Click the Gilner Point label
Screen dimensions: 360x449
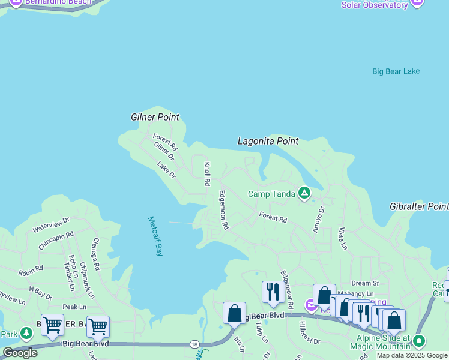(155, 117)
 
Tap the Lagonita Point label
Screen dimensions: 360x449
(268, 141)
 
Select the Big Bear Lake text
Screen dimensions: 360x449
(396, 71)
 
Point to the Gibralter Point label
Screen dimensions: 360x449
(419, 206)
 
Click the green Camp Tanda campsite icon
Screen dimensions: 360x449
(304, 193)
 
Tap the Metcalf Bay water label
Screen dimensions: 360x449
(155, 236)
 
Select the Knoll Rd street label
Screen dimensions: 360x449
(207, 173)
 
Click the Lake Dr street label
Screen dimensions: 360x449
(166, 170)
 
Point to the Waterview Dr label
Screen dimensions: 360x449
(51, 225)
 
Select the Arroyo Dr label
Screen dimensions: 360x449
(318, 220)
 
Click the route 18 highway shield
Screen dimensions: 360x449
(193, 344)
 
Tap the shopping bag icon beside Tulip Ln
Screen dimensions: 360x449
(234, 313)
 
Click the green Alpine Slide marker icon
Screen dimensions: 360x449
(419, 342)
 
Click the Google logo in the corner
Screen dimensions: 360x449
(20, 353)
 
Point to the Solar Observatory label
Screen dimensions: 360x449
(374, 5)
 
